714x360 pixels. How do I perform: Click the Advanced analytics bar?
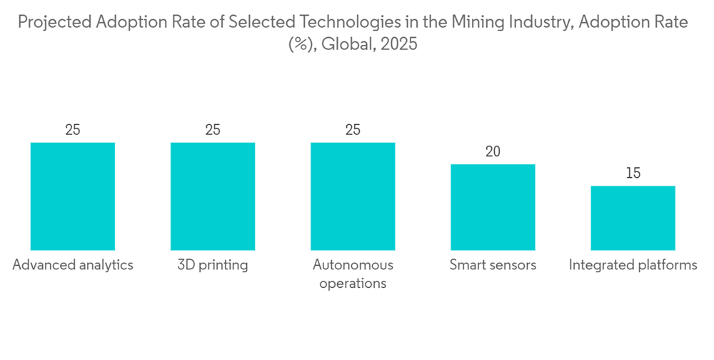[x=73, y=196]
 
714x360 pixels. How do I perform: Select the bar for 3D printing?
[x=213, y=196]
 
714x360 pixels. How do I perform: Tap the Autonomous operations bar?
[x=353, y=196]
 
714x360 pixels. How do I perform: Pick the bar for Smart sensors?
[x=493, y=206]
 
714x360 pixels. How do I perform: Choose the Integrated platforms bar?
[x=633, y=217]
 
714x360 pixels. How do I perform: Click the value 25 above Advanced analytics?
[x=73, y=130]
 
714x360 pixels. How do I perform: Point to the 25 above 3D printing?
[x=213, y=130]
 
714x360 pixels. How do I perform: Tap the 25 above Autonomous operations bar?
[x=353, y=130]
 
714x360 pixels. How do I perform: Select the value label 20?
[x=493, y=151]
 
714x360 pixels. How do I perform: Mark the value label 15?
[x=633, y=173]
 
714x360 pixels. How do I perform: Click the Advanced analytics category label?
[x=73, y=265]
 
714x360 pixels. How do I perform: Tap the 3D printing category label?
[x=213, y=265]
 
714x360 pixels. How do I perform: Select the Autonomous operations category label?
[x=353, y=274]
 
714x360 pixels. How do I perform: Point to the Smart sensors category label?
[x=493, y=265]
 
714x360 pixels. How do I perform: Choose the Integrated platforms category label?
[x=633, y=265]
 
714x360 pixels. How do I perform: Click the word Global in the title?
[x=348, y=44]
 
